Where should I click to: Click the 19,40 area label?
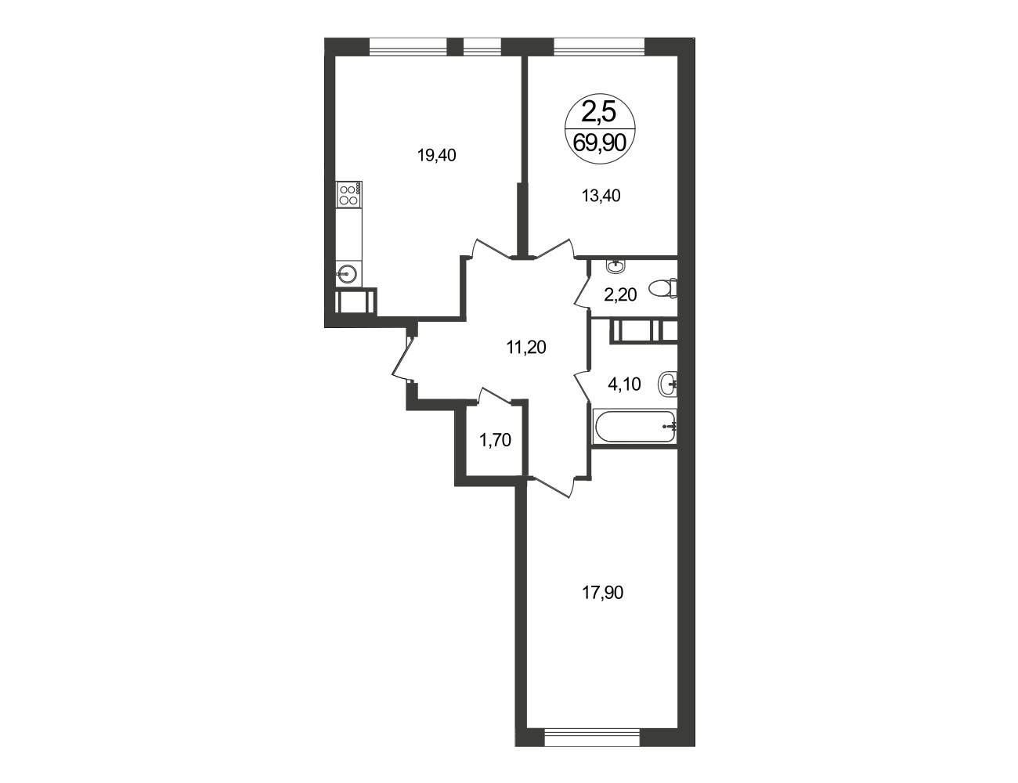coord(437,156)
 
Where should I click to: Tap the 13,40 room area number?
coord(601,196)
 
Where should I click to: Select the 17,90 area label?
coord(602,594)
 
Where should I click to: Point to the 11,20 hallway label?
coord(526,348)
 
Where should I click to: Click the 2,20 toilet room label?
coord(620,295)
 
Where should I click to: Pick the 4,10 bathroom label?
coord(624,384)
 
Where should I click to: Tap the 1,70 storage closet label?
coord(495,440)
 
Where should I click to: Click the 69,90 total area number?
coord(600,143)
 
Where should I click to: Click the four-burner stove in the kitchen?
coord(349,195)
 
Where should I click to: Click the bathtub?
coord(635,426)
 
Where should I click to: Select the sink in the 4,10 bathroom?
coord(668,384)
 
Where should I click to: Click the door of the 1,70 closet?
coord(495,395)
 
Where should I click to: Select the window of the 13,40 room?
coord(600,47)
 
